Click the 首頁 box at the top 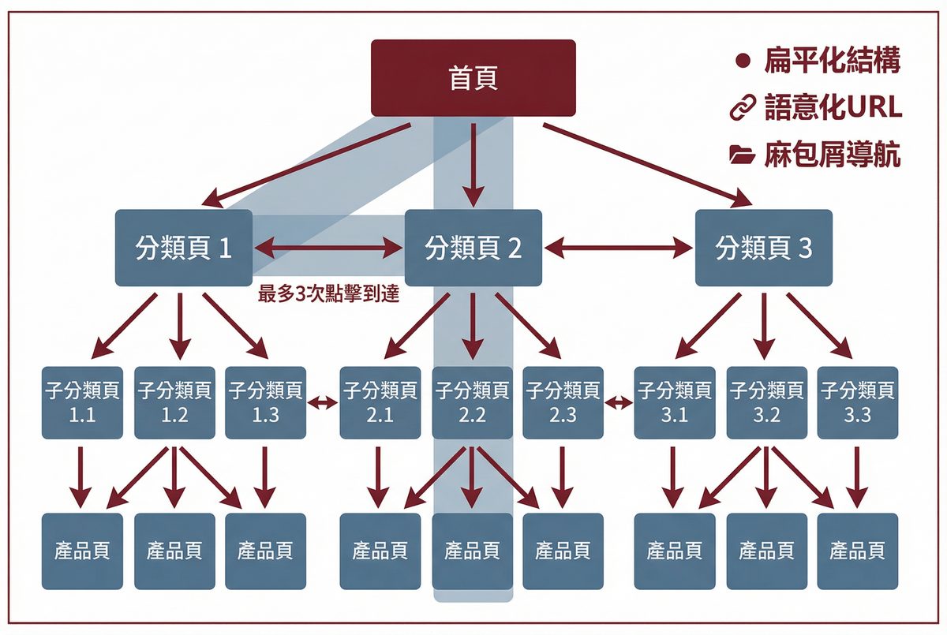coord(473,78)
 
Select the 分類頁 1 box coord(184,248)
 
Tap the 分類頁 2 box coord(473,248)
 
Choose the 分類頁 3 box coord(763,248)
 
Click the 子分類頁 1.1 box coord(83,402)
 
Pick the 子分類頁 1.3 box coord(265,402)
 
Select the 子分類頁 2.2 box coord(472,402)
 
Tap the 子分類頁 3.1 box coord(675,402)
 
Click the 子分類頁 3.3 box coord(857,402)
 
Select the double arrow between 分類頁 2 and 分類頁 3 coord(619,248)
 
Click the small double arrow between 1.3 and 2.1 coord(322,403)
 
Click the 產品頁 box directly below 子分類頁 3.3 coord(857,551)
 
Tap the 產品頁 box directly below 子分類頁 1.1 coord(83,551)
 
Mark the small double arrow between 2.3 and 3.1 coord(618,403)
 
